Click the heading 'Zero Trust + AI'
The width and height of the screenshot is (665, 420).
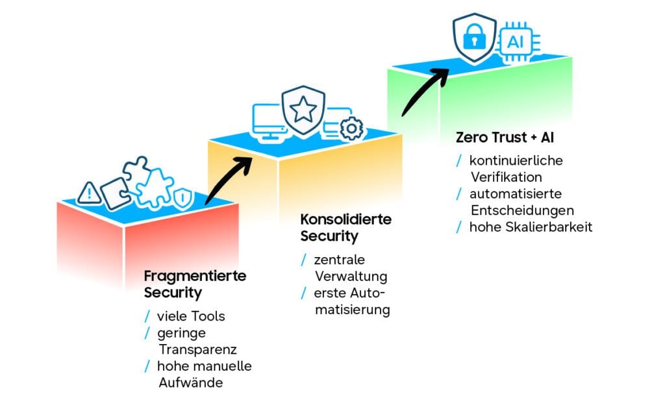505,138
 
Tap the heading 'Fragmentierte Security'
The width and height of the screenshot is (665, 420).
195,284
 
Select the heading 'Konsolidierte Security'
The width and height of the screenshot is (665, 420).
345,228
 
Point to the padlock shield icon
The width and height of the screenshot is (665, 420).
474,39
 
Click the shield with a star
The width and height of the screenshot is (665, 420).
303,110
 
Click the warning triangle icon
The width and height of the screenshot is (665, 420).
89,193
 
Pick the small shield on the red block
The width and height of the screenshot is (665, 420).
183,199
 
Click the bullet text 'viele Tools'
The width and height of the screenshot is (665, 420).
191,316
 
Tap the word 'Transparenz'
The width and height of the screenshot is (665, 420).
197,350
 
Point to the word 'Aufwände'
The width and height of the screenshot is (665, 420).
191,383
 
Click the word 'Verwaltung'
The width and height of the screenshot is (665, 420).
351,277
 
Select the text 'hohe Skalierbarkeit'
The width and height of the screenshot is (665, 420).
531,227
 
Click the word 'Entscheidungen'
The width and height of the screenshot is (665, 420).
523,210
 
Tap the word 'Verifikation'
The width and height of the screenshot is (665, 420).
507,177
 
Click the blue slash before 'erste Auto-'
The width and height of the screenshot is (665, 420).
304,293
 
